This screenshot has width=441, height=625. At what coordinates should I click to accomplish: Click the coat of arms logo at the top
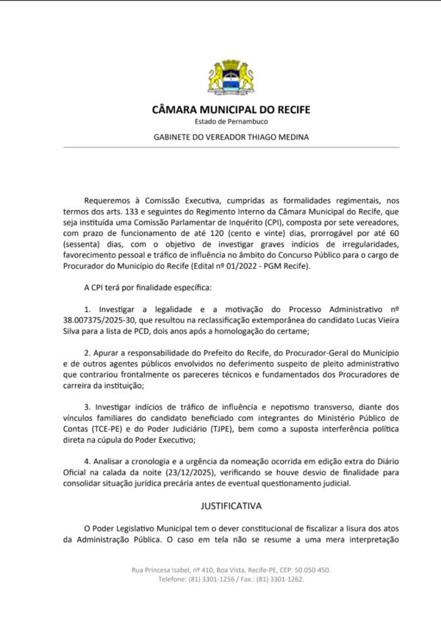[x=231, y=77]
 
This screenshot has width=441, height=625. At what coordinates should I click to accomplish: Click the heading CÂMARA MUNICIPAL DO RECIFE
[x=231, y=110]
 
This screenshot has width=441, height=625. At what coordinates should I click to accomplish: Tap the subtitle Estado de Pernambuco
[x=231, y=122]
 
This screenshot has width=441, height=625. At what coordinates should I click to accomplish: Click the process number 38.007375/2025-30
[x=107, y=321]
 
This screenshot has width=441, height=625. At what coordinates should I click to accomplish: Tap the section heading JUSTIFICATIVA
[x=231, y=506]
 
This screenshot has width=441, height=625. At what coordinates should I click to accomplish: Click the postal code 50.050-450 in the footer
[x=308, y=570]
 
